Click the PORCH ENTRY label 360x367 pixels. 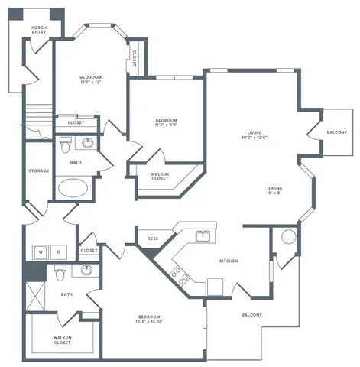pyautogui.click(x=38, y=31)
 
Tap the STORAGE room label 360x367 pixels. pyautogui.click(x=39, y=171)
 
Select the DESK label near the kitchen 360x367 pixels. pyautogui.click(x=151, y=239)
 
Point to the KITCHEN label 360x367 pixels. pyautogui.click(x=229, y=261)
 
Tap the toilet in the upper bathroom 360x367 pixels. pyautogui.click(x=66, y=143)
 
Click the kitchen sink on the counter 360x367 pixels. pyautogui.click(x=203, y=235)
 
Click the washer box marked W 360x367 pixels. pyautogui.click(x=41, y=251)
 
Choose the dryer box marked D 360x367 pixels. pyautogui.click(x=59, y=251)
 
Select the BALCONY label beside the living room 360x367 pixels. pyautogui.click(x=337, y=132)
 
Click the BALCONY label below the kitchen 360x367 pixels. pyautogui.click(x=251, y=315)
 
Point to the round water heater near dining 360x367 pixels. pyautogui.click(x=288, y=237)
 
